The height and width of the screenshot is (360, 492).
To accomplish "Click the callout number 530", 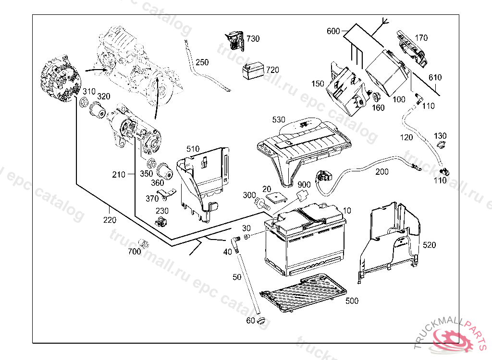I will [279, 120].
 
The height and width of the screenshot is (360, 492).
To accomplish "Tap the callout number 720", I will [272, 70].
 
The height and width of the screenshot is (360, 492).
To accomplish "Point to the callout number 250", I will [202, 62].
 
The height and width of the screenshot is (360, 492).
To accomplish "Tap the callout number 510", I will [193, 149].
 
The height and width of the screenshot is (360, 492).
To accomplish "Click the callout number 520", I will [429, 245].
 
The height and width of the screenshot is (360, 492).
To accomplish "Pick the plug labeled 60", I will [261, 320].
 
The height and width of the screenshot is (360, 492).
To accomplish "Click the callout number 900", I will [304, 185].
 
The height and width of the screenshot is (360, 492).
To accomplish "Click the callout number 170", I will [421, 37].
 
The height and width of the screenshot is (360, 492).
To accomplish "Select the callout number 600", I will [333, 31].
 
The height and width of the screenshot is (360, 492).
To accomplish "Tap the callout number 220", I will [110, 220].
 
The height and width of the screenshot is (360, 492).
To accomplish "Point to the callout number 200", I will [382, 172].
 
